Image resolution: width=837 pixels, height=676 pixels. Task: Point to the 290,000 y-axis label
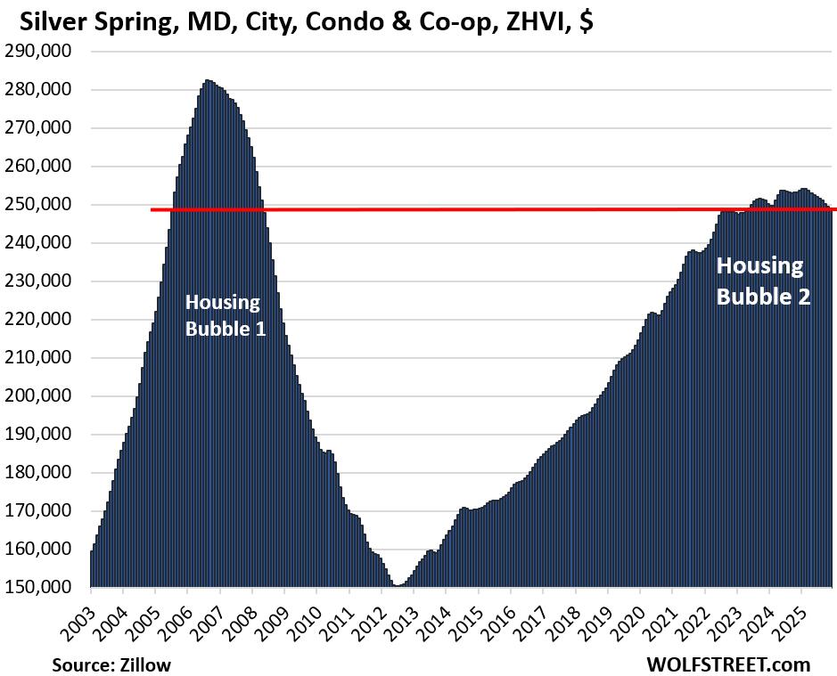coord(42,52)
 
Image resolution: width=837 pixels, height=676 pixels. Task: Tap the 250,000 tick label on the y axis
coord(42,205)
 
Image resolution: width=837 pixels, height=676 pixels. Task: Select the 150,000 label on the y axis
coord(42,588)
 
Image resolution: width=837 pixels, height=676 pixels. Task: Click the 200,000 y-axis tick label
coord(42,396)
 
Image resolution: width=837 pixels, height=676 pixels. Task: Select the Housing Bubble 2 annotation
coord(763,281)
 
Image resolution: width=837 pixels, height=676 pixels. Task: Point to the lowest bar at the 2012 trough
coord(396,586)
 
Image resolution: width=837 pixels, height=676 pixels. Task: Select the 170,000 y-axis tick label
coord(42,511)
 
